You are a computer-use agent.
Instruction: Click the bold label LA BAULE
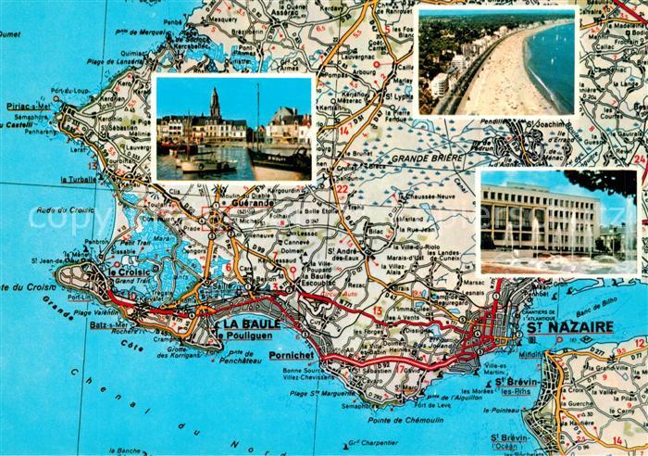point(249,324)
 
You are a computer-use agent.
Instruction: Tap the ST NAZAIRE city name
point(569,327)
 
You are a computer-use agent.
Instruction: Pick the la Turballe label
point(78,179)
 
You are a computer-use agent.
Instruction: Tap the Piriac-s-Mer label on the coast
point(26,107)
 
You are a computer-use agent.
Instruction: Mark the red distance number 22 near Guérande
point(343,190)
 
